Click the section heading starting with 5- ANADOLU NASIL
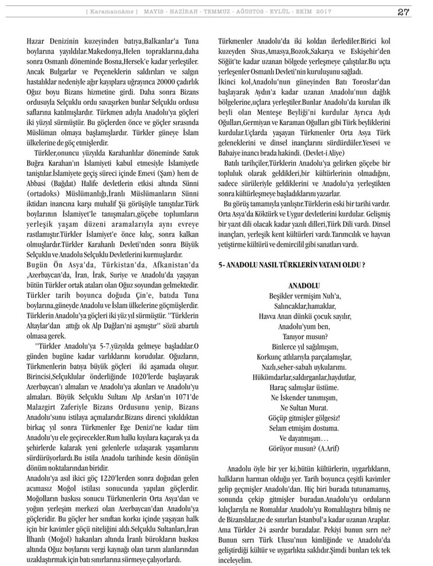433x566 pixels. pyautogui.click(x=292, y=265)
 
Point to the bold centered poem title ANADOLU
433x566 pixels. pyautogui.click(x=304, y=287)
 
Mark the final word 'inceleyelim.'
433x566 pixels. pyautogui.click(x=235, y=560)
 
